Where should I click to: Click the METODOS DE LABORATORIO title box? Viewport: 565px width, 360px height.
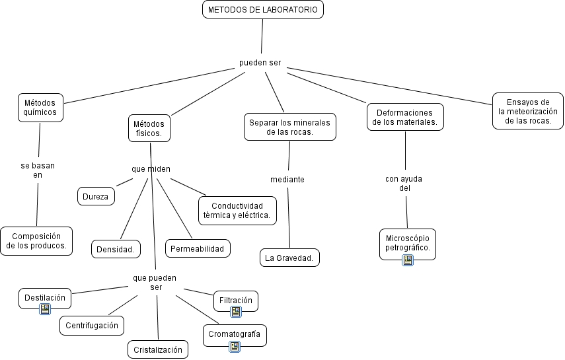[262, 10]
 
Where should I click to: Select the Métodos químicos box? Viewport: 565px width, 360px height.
[40, 107]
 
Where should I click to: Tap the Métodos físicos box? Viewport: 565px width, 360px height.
[149, 128]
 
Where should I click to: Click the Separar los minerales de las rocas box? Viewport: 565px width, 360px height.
[289, 127]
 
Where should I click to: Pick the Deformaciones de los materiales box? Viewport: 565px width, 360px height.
[404, 118]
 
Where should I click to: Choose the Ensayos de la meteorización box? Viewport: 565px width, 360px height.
[527, 111]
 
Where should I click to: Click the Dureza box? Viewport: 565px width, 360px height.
[96, 196]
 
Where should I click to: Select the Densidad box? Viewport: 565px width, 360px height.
[115, 249]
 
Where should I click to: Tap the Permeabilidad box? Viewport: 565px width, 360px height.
[197, 249]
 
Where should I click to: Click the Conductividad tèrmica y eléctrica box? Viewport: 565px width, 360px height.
[237, 210]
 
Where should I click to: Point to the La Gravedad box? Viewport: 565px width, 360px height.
[289, 258]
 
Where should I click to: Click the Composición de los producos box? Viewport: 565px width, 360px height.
[36, 241]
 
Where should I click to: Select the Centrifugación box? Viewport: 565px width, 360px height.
[92, 325]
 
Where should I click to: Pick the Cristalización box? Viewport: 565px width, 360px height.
[157, 350]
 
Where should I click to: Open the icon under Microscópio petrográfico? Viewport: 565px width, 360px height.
[408, 260]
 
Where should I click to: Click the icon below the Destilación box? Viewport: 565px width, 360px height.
[45, 309]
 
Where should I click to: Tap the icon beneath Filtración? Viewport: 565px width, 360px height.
[235, 312]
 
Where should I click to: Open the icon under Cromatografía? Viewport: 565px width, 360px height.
[234, 346]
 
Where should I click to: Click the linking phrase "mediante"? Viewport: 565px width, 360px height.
[287, 180]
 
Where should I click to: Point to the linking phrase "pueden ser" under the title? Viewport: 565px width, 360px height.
[260, 63]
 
